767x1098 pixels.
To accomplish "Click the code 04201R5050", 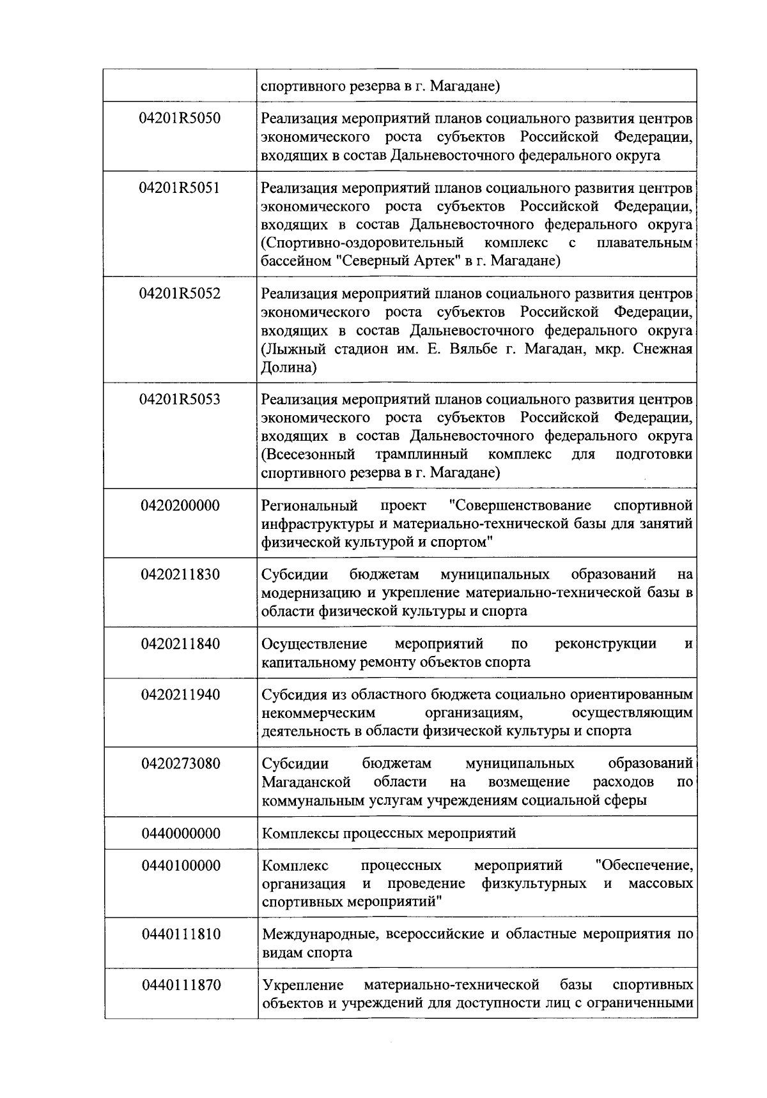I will tap(180, 119).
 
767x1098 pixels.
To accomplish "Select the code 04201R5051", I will tap(180, 188).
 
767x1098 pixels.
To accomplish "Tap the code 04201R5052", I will tap(180, 294).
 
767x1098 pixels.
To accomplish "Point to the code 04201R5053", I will tap(180, 400).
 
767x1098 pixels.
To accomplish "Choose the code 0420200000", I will tap(180, 506).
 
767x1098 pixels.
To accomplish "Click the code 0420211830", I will tap(180, 575).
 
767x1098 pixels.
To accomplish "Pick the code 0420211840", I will tap(180, 644).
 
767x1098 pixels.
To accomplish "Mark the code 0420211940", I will tap(180, 695).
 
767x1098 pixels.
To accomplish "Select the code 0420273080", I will tap(180, 764).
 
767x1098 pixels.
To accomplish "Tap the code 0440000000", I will tap(180, 834).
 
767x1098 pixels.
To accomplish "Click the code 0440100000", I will tap(180, 866).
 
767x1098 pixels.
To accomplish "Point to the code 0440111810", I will tap(180, 934).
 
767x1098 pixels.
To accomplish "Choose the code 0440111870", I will tap(180, 986).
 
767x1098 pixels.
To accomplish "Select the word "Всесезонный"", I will tap(308, 455).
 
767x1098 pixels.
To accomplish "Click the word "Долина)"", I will tap(289, 368).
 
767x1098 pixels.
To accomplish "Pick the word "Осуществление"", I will tap(314, 644).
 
